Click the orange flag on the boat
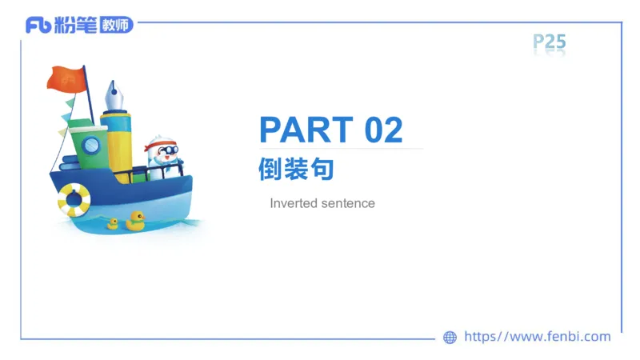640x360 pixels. tap(66, 78)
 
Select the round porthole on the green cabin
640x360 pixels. tap(92, 145)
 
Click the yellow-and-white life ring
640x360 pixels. tap(74, 199)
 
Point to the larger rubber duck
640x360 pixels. tap(135, 220)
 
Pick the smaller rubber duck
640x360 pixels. tap(113, 224)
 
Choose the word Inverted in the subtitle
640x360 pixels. tap(294, 203)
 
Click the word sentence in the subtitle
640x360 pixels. tap(348, 203)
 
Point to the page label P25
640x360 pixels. tap(549, 42)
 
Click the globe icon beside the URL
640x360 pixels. tap(450, 338)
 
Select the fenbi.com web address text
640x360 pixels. tap(538, 337)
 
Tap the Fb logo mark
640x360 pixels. tap(38, 25)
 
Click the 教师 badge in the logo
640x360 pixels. tap(116, 25)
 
